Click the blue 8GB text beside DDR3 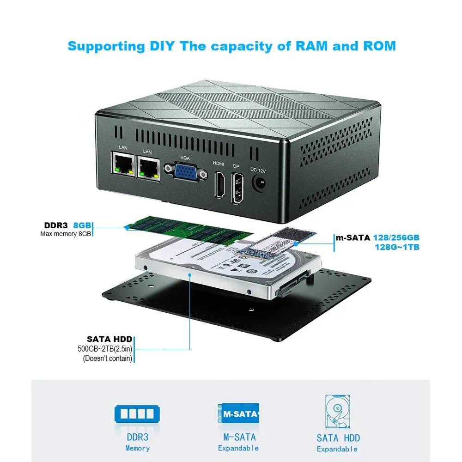82,225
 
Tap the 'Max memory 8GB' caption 66,234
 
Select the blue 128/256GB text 396,238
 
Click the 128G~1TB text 397,247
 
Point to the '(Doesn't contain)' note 108,358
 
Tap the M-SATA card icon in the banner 238,413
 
